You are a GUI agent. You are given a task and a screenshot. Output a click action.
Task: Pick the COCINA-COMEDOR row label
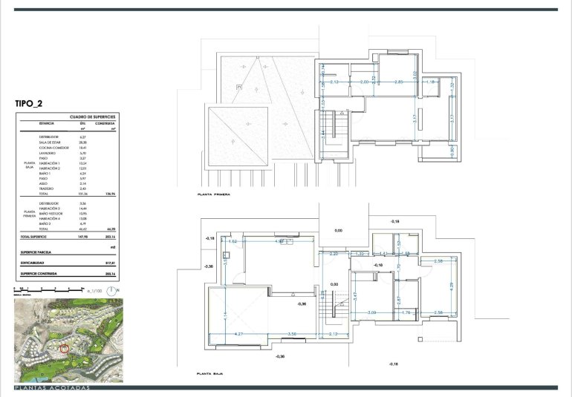53,148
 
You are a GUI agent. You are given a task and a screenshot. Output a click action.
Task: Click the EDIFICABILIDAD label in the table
36,263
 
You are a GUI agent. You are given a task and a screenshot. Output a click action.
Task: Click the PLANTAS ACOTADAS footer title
52,388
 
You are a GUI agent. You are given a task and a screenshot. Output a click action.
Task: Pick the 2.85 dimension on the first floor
399,82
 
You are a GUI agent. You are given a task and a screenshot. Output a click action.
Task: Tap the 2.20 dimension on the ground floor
334,254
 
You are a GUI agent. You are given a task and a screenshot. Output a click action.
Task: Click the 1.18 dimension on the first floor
430,82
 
